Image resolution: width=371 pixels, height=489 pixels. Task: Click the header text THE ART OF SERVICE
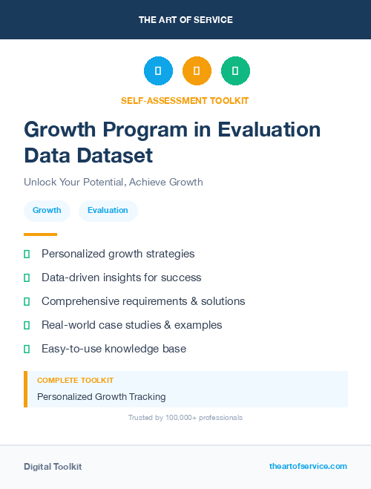pos(185,20)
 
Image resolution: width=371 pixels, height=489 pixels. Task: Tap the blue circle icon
pos(158,71)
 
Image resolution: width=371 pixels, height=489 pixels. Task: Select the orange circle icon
pos(197,71)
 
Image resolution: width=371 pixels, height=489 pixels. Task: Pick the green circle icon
pos(235,71)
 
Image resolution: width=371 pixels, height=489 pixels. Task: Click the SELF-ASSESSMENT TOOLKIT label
pos(185,100)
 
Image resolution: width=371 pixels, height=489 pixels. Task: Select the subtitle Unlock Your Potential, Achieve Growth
pos(113,182)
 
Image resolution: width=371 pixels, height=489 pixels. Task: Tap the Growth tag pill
pos(47,211)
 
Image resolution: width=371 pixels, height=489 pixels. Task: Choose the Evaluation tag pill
pos(108,211)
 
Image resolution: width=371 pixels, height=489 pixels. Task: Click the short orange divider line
pos(40,234)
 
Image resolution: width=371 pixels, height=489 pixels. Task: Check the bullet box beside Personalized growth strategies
pos(27,254)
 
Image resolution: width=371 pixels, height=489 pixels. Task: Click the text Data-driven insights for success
pos(121,278)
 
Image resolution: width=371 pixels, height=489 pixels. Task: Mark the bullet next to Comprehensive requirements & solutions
pos(27,301)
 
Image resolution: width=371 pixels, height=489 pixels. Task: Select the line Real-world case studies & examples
pos(131,325)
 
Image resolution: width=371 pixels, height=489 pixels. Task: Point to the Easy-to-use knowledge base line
pos(114,349)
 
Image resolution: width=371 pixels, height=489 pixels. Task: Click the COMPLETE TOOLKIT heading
pos(75,380)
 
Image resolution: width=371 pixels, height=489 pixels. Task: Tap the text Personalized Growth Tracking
pos(101,397)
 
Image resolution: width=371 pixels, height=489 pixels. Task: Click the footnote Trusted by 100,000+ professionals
pos(185,418)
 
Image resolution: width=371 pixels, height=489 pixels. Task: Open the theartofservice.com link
pos(308,466)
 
